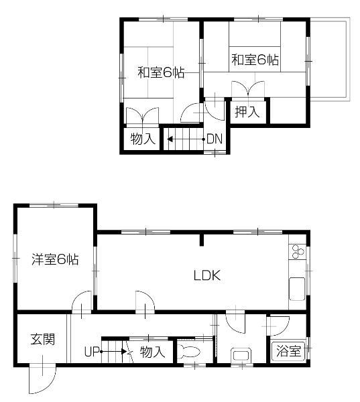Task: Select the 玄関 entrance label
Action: tap(42, 339)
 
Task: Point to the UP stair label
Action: tap(92, 351)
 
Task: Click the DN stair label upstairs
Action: tap(214, 139)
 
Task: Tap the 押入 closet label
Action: tap(247, 112)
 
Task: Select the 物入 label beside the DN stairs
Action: tap(143, 139)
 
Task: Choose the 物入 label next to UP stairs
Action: tap(152, 352)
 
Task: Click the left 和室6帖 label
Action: tap(161, 72)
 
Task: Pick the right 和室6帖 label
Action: tap(255, 60)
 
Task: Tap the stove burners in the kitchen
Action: tap(298, 253)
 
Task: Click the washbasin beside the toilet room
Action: tap(239, 356)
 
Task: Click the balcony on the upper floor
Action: tap(329, 60)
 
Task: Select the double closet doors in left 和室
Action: tap(143, 116)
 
